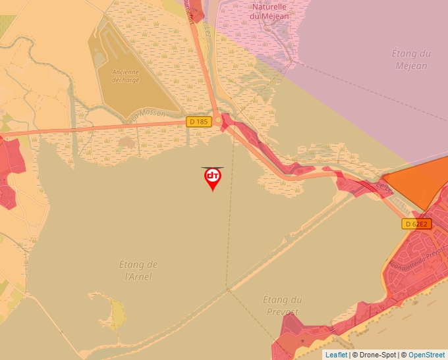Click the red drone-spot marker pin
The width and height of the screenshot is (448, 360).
click(x=212, y=177)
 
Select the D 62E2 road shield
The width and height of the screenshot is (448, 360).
click(x=416, y=224)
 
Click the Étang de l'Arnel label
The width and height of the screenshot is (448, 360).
click(x=138, y=270)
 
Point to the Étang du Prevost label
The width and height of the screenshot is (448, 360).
click(x=281, y=305)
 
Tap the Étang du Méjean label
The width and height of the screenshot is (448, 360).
click(x=412, y=59)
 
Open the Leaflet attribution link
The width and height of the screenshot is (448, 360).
click(x=336, y=355)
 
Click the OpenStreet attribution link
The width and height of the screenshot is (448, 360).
click(x=428, y=355)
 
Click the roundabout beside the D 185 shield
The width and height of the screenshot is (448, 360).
click(x=218, y=120)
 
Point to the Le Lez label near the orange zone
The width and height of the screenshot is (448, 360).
click(x=384, y=188)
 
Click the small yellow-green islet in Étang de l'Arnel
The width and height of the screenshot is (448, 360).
click(x=117, y=314)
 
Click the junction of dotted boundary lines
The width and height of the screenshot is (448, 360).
click(x=227, y=288)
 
